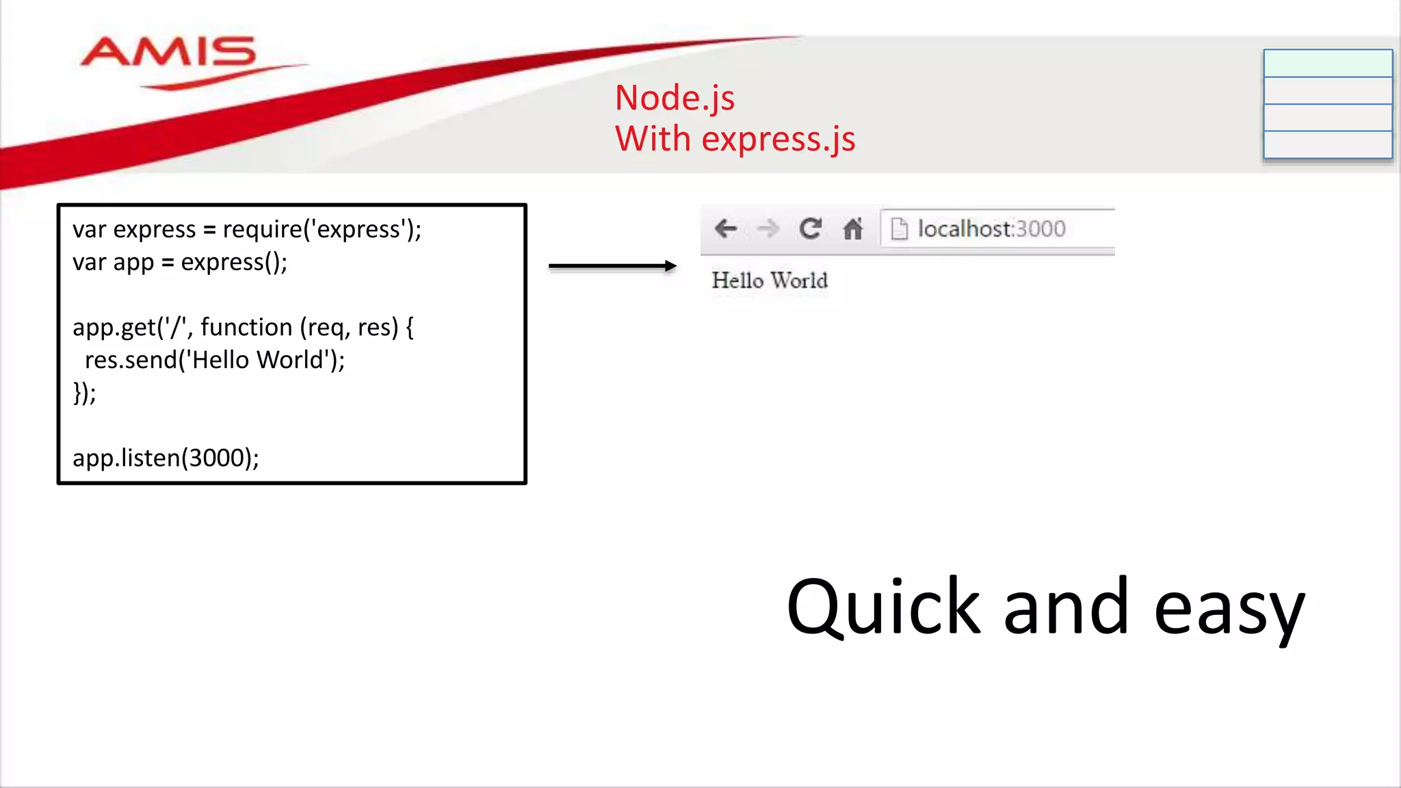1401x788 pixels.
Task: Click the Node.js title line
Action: coord(675,98)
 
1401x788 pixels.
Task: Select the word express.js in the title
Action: coord(778,139)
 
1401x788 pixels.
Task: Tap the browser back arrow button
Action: coord(725,228)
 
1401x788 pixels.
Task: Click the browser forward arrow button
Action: coord(768,228)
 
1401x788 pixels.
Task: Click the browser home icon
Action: coord(853,228)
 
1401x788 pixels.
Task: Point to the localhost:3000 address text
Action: coord(991,228)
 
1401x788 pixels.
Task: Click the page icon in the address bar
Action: coord(900,228)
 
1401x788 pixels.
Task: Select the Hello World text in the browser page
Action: coord(770,280)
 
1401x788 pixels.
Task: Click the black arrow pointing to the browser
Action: coord(612,266)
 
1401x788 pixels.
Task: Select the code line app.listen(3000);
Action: coord(166,458)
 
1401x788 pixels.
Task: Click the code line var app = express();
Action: coord(180,262)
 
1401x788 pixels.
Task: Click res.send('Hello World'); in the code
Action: coord(215,360)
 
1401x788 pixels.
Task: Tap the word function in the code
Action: coord(246,327)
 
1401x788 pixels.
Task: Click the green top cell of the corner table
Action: coord(1327,64)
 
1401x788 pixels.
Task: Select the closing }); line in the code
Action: coord(85,393)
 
